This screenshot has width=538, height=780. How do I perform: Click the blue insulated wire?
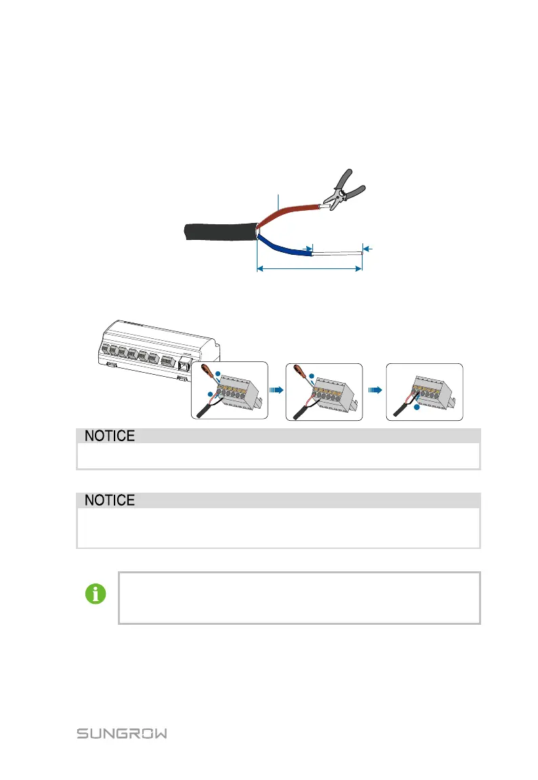(x=285, y=247)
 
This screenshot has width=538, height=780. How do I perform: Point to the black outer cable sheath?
(x=217, y=231)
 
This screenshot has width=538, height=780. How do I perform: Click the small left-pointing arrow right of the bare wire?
(x=368, y=249)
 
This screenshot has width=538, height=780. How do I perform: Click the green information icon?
(x=96, y=595)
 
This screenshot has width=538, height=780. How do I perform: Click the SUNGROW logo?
(x=122, y=734)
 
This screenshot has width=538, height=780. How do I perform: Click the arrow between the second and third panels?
(x=373, y=391)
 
